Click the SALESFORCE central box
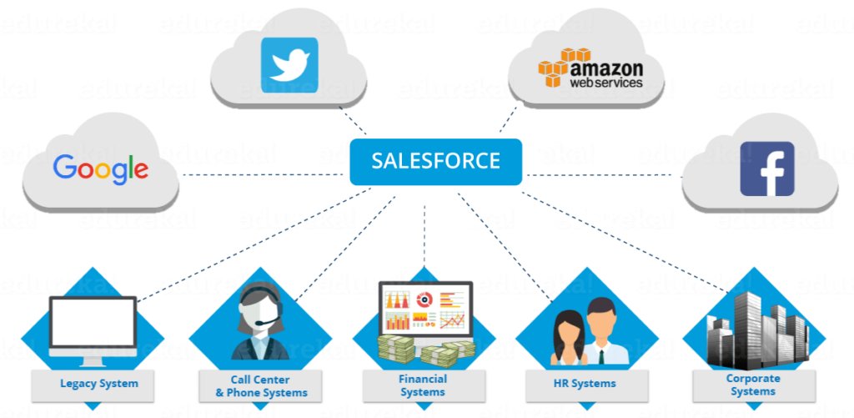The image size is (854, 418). coord(435,161)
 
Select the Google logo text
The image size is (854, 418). coord(101,169)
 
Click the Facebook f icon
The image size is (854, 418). coord(767,169)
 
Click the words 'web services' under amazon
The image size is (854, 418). coord(606,83)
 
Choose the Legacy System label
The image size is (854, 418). coord(98,385)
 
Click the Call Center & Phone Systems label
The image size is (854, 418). coord(261,386)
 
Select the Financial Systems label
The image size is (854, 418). coord(423,385)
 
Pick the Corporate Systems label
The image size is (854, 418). coord(753,385)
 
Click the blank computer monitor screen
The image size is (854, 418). coord(93,322)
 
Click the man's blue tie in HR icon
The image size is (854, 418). coord(603,350)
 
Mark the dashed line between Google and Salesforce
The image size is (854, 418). coord(264,174)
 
